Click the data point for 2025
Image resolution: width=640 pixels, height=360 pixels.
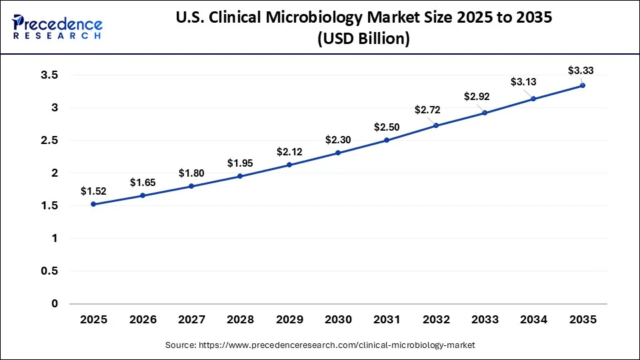pyautogui.click(x=93, y=204)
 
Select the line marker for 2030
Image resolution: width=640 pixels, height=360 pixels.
pyautogui.click(x=338, y=153)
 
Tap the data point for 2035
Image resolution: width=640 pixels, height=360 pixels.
pyautogui.click(x=583, y=85)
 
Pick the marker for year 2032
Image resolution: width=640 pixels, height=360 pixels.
pyautogui.click(x=436, y=125)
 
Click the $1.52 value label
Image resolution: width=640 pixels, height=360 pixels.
pyautogui.click(x=93, y=191)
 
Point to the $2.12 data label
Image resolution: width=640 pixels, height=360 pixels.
pyautogui.click(x=289, y=151)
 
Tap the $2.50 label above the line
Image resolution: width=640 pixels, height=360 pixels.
pyautogui.click(x=387, y=127)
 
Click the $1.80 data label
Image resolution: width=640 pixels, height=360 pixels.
pyautogui.click(x=191, y=173)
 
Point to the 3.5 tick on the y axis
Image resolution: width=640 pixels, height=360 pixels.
pyautogui.click(x=50, y=75)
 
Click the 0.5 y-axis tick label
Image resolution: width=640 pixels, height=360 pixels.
pyautogui.click(x=50, y=271)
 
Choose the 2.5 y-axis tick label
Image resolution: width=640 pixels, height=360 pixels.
pyautogui.click(x=50, y=141)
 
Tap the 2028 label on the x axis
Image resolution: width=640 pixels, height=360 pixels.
pyautogui.click(x=240, y=320)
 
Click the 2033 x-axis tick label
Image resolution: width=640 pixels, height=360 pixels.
pyautogui.click(x=485, y=320)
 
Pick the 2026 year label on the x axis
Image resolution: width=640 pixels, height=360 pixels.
pyautogui.click(x=142, y=320)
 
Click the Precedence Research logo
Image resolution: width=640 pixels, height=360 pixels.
pyautogui.click(x=57, y=27)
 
